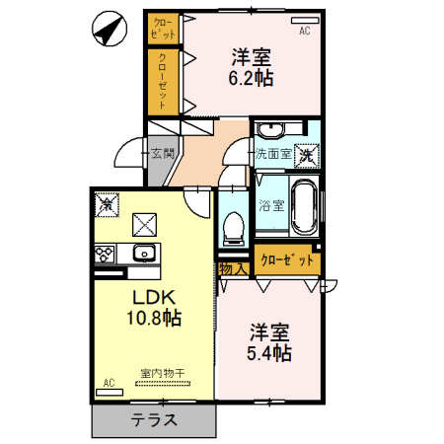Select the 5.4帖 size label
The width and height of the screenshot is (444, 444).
[x=269, y=351]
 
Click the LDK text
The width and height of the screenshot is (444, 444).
[x=152, y=296]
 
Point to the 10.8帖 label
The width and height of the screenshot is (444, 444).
[x=153, y=318]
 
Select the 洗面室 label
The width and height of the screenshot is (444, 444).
[x=273, y=154]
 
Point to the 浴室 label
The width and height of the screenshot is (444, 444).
[x=271, y=206]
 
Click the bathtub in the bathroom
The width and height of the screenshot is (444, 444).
[x=303, y=206]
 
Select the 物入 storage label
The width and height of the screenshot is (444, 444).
[x=233, y=268]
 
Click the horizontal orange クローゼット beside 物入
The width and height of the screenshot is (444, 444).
[x=287, y=260]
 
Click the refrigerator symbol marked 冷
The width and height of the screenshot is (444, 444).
[x=107, y=204]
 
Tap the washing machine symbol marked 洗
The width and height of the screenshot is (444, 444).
[x=308, y=154]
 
